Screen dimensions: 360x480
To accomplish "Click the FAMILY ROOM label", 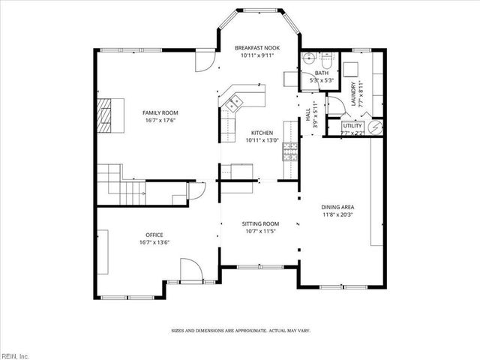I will pos(160,112).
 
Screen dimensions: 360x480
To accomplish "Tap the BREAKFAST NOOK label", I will pos(256,46).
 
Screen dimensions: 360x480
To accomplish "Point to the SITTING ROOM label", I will pos(260,223).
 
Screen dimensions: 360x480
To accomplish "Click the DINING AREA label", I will pos(337,207).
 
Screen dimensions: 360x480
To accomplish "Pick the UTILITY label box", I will pos(352,126).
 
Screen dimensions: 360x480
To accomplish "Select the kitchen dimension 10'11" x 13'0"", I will pos(262,139).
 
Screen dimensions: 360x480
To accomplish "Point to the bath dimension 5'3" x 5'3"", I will pos(322,80).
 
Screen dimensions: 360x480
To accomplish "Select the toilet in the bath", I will pos(307,59).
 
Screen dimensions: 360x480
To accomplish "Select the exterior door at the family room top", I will pos(204,62).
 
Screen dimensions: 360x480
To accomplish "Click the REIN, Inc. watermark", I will pos(15,355).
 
